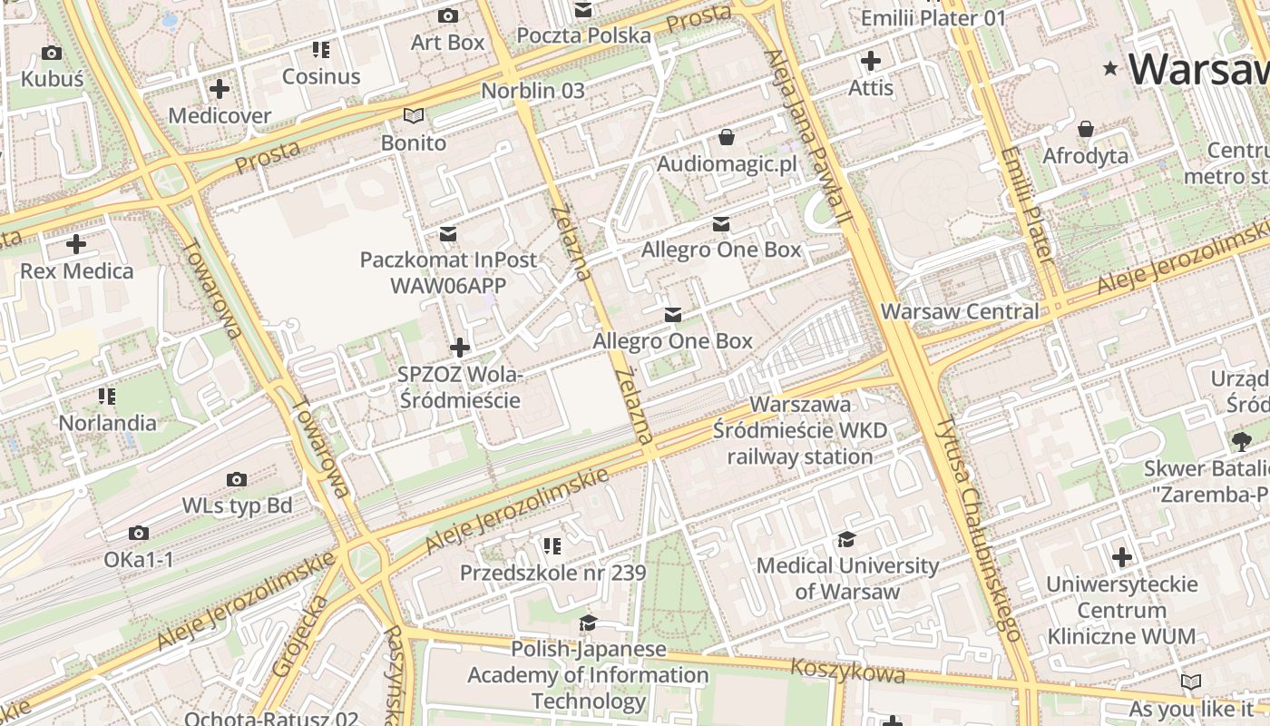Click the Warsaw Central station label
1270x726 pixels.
(960, 311)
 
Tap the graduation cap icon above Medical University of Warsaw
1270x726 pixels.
(846, 539)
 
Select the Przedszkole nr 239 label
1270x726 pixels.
(552, 573)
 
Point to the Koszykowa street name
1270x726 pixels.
(847, 671)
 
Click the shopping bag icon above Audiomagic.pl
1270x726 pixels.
(726, 137)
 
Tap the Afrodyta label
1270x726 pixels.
(1085, 155)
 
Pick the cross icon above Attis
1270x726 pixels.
(870, 61)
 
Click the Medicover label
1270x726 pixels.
(220, 115)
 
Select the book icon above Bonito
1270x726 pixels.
(414, 115)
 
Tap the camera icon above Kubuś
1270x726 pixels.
(52, 53)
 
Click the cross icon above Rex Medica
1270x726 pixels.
(76, 244)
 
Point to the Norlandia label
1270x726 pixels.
(107, 423)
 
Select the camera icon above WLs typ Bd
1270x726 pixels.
(237, 479)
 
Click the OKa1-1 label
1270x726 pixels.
(138, 560)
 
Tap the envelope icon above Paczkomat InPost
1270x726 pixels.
(448, 234)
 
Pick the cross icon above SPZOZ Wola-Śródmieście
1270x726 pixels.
(460, 347)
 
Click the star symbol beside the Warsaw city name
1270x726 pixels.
(1109, 69)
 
